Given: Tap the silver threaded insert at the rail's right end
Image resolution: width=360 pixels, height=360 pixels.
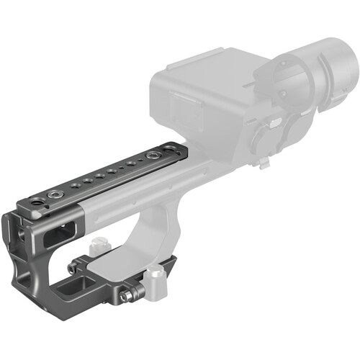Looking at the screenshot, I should [x=153, y=156].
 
